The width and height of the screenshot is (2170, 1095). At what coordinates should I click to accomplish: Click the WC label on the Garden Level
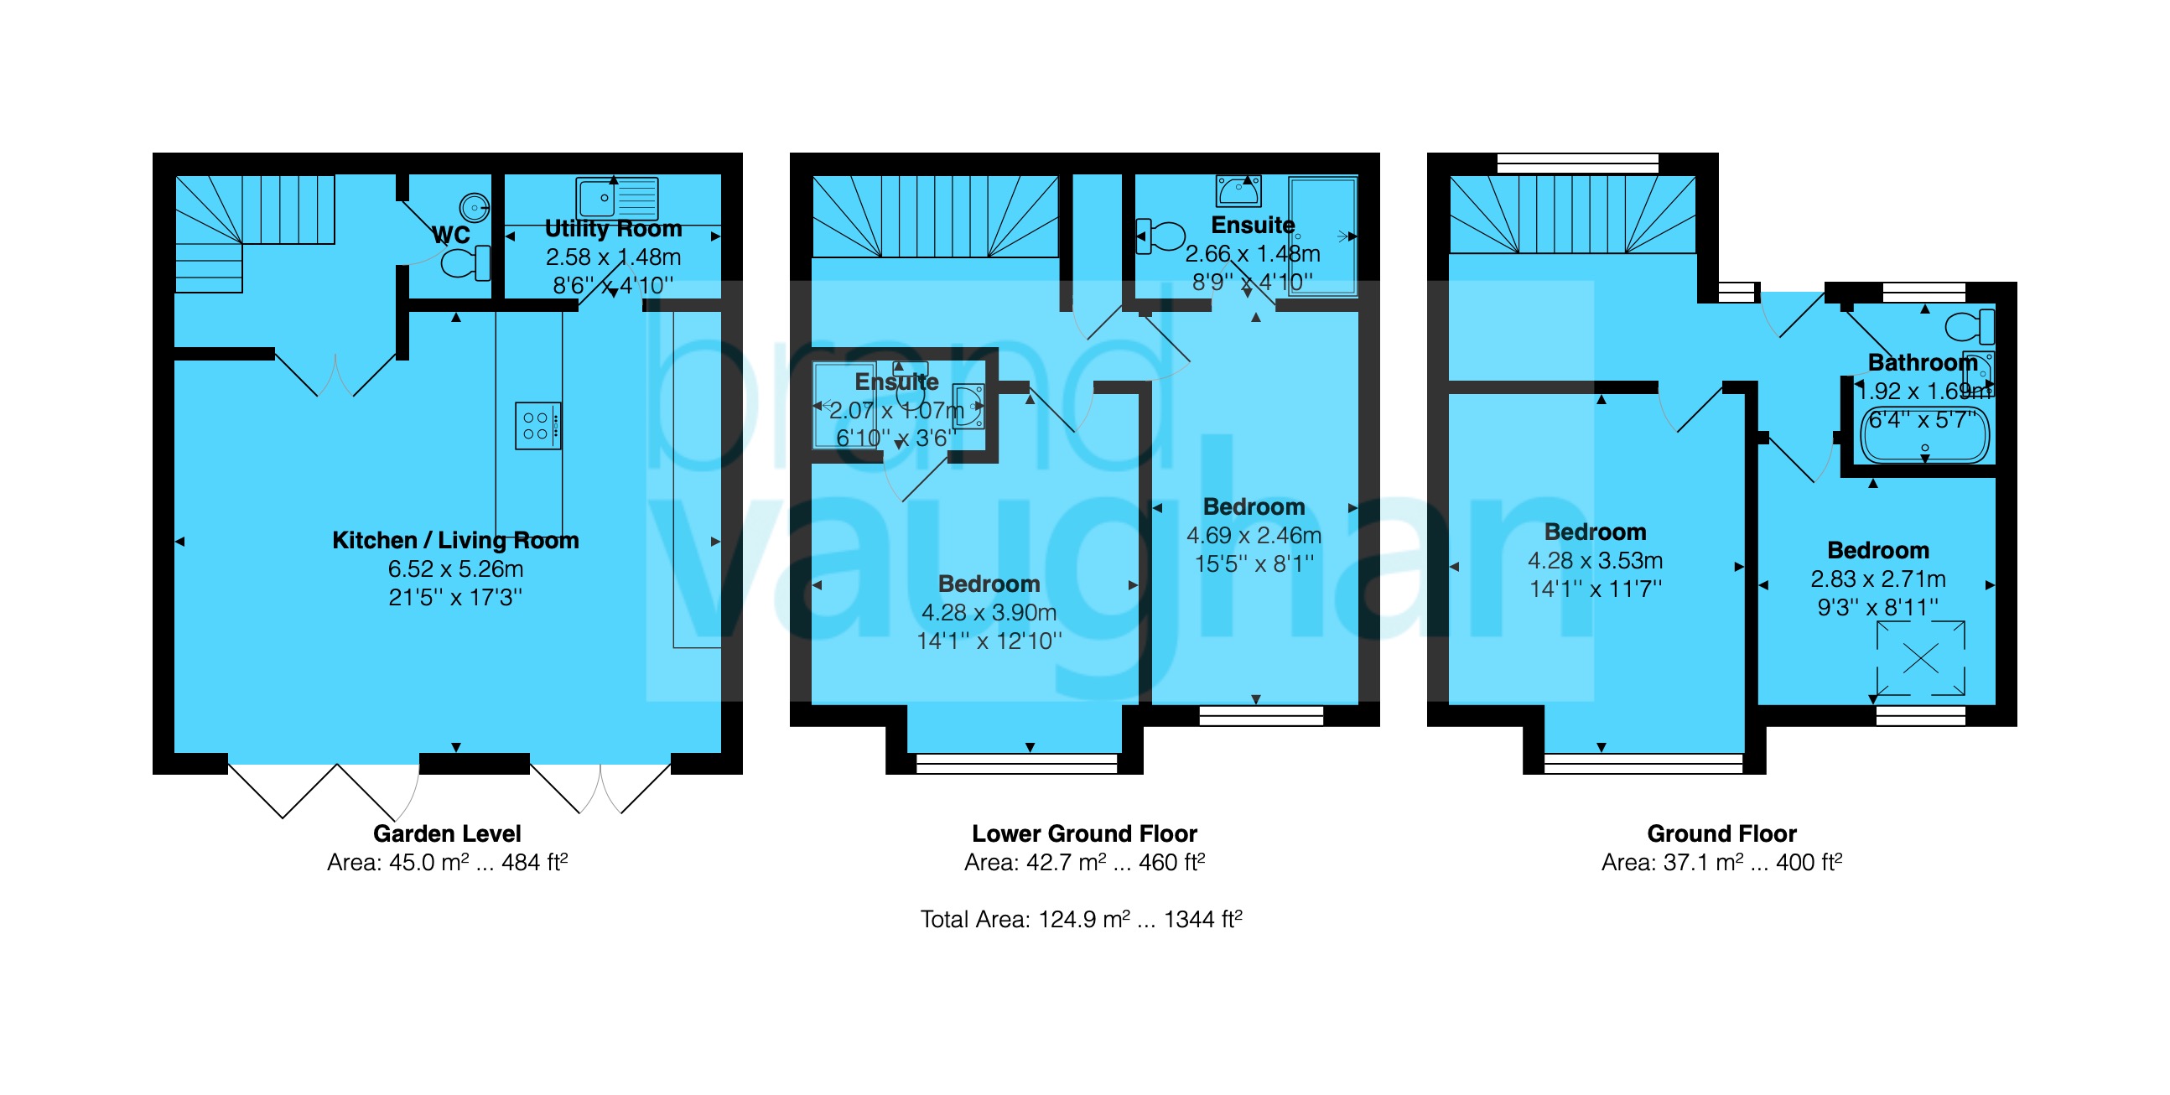point(451,234)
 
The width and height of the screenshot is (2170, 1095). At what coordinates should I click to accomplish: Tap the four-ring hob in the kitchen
point(537,425)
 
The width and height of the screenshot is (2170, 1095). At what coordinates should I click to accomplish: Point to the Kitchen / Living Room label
point(456,540)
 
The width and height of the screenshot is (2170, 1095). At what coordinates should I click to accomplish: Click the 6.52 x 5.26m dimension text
point(456,568)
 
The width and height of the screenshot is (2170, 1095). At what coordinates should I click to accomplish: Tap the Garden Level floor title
point(447,833)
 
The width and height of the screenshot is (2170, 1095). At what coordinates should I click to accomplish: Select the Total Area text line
point(1082,918)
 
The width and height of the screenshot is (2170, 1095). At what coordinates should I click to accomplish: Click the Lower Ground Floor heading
point(1084,833)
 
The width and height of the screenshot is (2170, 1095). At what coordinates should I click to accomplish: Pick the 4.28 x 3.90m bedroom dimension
point(989,612)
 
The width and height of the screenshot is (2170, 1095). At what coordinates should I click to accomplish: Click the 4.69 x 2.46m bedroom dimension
point(1254,535)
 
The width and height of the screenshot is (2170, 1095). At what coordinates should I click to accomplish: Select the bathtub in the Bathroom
point(1924,433)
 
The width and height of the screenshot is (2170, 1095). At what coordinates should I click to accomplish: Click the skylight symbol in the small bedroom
point(1921,658)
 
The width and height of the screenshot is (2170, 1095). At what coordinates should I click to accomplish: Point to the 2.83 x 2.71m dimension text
point(1878,579)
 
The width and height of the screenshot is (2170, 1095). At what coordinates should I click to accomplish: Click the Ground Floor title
point(1722,833)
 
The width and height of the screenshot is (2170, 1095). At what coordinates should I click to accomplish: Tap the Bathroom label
point(1923,362)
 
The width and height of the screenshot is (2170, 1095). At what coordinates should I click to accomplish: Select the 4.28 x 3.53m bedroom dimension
point(1596,560)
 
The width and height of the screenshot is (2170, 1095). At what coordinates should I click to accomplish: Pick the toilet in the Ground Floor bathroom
point(1970,327)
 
